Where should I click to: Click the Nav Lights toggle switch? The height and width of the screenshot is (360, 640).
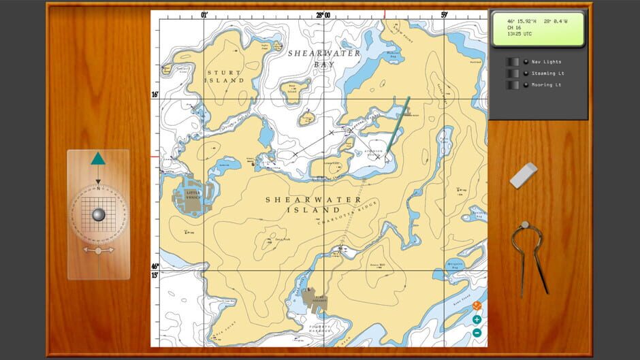coord(513,62)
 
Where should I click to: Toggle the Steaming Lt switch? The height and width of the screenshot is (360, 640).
coord(513,73)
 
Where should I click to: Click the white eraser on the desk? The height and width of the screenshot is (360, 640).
coord(523,175)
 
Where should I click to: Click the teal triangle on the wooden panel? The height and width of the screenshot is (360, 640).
coord(98,159)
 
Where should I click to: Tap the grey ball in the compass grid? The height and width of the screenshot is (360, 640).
coord(98,214)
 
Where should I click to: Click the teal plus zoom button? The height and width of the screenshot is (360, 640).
coord(477,319)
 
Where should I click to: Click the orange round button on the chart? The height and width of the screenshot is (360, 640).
coord(477,307)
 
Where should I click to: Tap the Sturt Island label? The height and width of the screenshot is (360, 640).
coord(225,77)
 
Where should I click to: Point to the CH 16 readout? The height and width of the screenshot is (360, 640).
coord(514,27)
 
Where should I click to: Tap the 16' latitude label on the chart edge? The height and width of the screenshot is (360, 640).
coord(155,95)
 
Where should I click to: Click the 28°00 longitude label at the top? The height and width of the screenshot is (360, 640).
coord(322,15)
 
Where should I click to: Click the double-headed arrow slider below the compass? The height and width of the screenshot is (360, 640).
coord(98,251)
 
